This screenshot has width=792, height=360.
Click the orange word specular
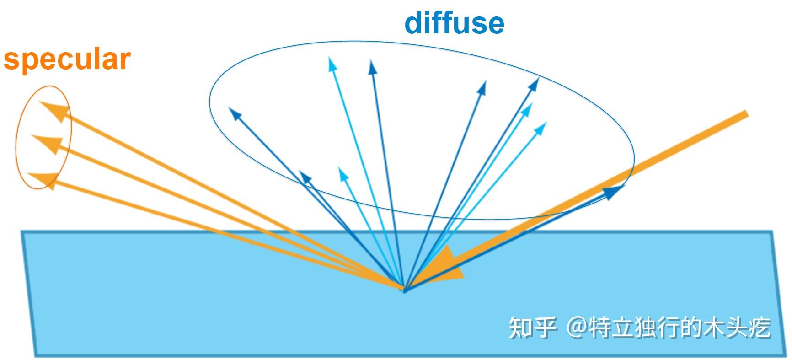(x=67, y=59)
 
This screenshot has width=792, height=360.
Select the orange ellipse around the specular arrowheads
(x=17, y=137)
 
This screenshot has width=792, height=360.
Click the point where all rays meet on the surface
(x=404, y=288)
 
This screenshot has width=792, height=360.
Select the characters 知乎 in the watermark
(x=533, y=327)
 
